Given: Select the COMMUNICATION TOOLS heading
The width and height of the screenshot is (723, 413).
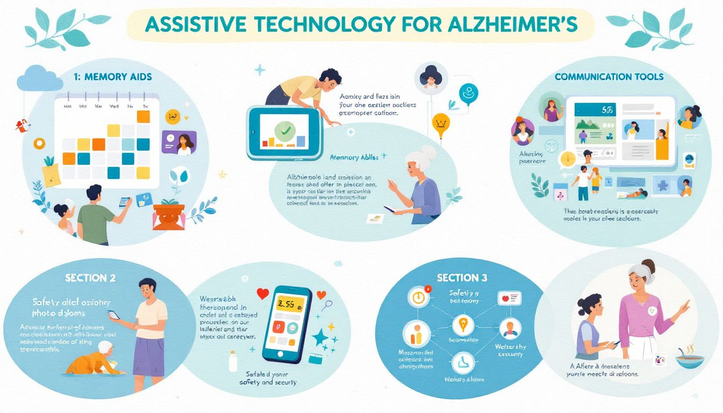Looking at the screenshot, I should [x=608, y=77].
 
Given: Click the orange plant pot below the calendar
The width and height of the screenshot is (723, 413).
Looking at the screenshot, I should [x=168, y=216].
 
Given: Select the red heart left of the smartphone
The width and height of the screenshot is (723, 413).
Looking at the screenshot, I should [x=263, y=294].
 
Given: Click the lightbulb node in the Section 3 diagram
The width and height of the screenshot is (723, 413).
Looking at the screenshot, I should [x=461, y=324].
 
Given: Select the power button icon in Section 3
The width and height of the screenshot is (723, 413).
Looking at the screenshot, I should [x=417, y=297].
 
